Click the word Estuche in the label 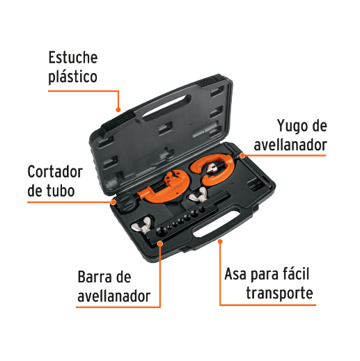pos(72,57)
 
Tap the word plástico pos(72,77)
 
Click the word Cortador pos(55,172)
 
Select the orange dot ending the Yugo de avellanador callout pos(242,154)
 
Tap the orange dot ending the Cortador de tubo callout pos(113,202)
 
